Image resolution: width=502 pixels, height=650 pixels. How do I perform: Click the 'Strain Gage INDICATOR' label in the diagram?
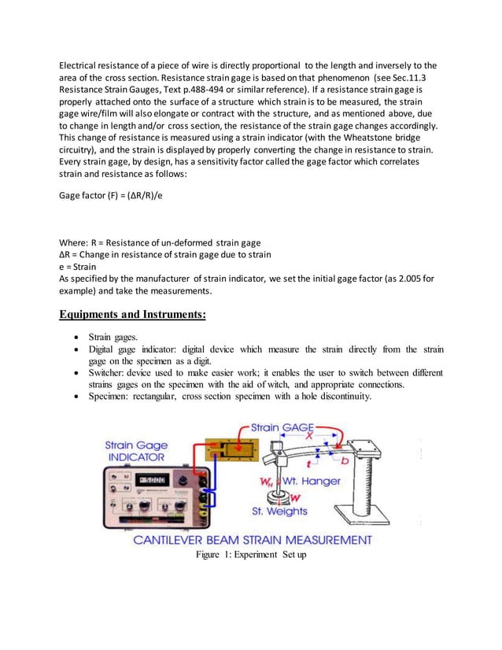[x=136, y=450]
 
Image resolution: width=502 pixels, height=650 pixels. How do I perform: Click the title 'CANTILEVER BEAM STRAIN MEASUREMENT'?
[x=252, y=540]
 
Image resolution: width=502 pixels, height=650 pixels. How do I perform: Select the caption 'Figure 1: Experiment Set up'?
[x=251, y=555]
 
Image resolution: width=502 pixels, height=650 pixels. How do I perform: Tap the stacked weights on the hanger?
[x=277, y=497]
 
